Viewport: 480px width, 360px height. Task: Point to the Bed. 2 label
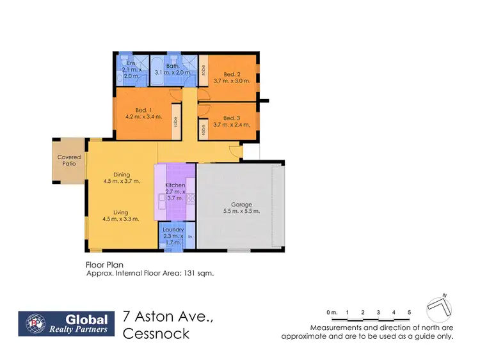pos(227,73)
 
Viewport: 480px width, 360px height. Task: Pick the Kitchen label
pos(175,185)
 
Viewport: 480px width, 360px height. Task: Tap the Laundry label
pos(173,230)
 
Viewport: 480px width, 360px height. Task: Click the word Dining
pos(122,173)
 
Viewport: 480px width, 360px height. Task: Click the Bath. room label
pos(172,65)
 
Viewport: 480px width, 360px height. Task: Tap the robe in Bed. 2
pos(203,72)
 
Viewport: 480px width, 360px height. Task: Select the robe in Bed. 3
pos(203,127)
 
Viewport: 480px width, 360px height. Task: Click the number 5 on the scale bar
pos(409,312)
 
